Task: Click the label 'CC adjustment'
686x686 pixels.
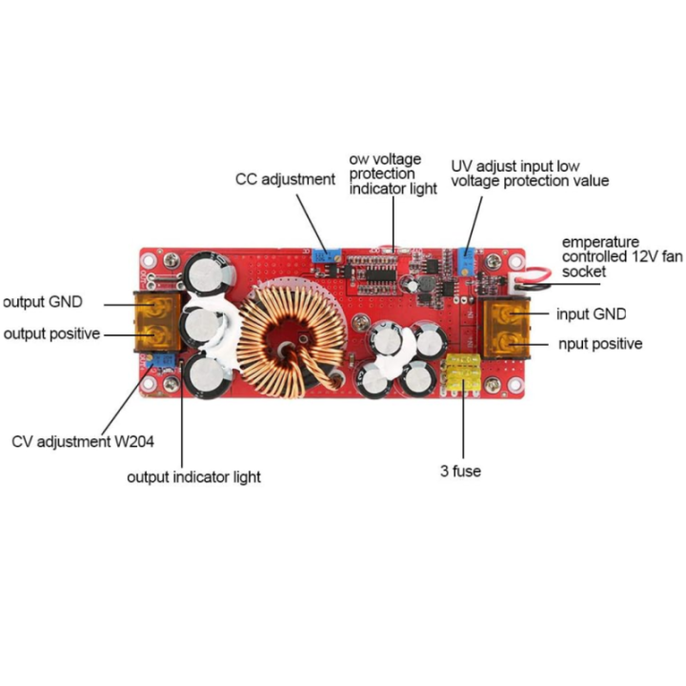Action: tap(285, 179)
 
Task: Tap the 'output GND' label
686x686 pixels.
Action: tap(43, 302)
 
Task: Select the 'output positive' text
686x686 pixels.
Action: tap(52, 333)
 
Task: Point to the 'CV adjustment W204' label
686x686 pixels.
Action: tap(83, 441)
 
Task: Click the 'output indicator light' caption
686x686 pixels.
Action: tap(193, 477)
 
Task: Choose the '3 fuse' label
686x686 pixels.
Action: tap(461, 472)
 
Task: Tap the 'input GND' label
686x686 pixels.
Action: tap(591, 314)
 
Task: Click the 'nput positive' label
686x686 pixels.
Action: tap(600, 344)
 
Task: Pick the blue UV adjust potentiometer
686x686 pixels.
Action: tap(468, 260)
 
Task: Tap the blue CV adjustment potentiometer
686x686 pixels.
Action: tap(161, 360)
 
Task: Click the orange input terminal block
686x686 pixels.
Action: tap(507, 327)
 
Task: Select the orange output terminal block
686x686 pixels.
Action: tap(157, 322)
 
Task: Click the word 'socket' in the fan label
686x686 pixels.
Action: tap(584, 272)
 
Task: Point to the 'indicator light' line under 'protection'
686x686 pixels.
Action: tap(393, 189)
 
